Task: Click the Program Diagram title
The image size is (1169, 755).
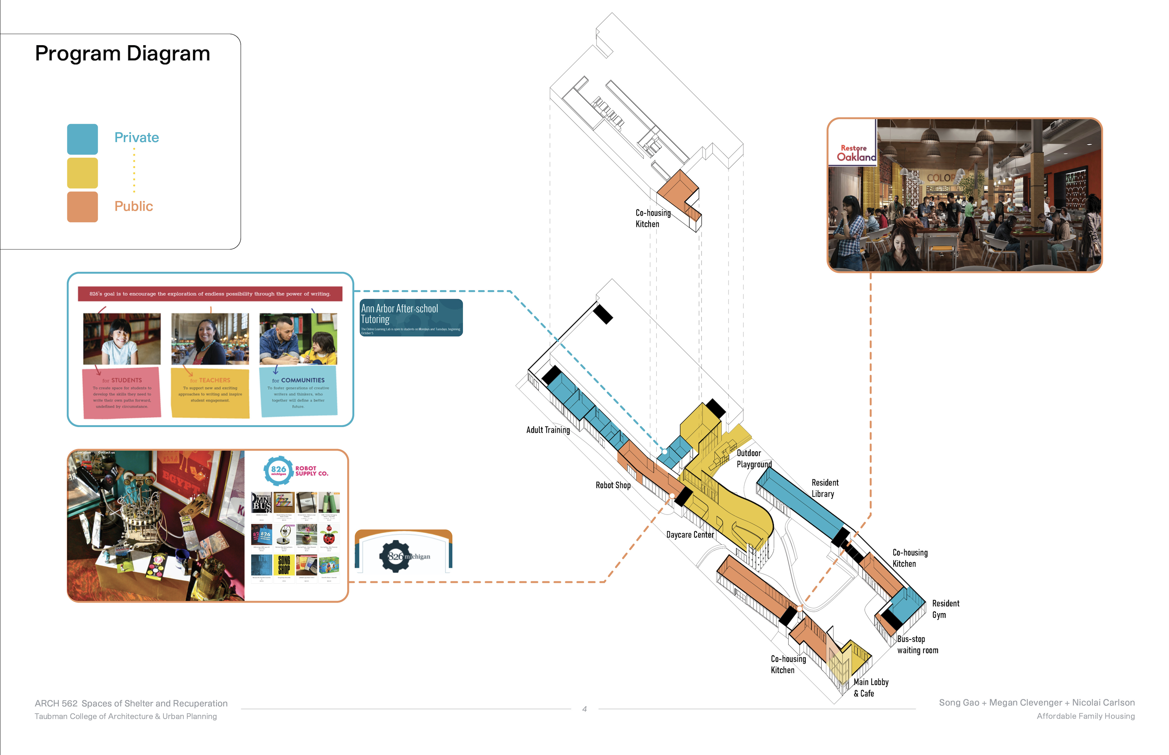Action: pos(123,54)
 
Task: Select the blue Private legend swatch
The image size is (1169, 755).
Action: pos(82,139)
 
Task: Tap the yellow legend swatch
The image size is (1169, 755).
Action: pos(82,173)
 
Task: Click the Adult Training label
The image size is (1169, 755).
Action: pos(548,430)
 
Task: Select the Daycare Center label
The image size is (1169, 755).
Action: pos(690,535)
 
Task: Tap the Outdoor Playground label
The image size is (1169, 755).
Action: pos(754,459)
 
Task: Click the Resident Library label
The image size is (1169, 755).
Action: pos(825,488)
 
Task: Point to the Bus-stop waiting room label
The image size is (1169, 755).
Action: pos(918,645)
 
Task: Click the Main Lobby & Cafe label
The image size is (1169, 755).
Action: pos(871,687)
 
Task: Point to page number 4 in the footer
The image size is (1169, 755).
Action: pos(584,709)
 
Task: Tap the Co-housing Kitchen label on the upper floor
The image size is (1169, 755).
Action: pos(653,218)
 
